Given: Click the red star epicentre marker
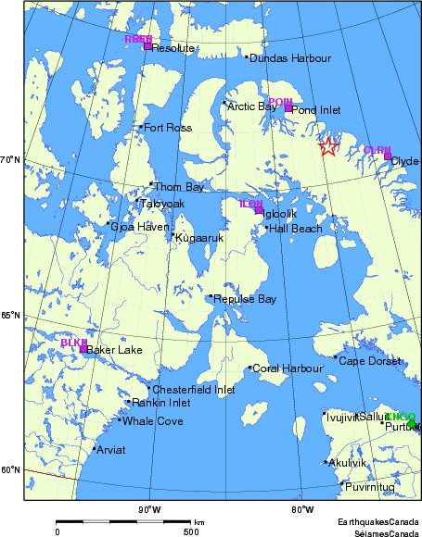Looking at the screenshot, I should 327,146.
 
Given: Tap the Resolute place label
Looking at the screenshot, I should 173,47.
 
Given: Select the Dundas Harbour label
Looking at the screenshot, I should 290,58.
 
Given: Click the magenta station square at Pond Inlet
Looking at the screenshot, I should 288,108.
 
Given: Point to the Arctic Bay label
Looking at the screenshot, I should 253,106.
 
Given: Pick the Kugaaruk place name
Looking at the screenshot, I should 200,238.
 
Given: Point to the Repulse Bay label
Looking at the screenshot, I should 245,299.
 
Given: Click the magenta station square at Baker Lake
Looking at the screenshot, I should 83,349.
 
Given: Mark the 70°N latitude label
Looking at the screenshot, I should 10,161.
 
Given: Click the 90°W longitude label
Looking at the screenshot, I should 149,508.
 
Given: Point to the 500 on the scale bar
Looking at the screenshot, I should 190,531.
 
